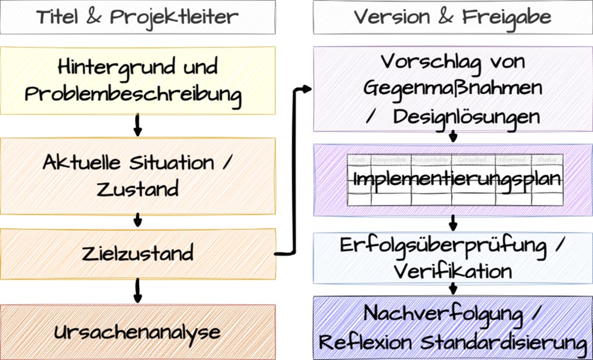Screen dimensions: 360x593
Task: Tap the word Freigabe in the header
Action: tap(507, 17)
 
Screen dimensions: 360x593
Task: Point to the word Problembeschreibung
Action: tap(133, 94)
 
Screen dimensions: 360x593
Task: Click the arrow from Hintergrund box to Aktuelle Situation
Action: tap(137, 126)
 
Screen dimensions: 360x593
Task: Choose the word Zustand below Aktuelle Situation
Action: tap(137, 189)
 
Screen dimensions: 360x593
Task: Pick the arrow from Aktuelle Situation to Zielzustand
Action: tap(137, 220)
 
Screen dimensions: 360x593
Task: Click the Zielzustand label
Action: tap(137, 253)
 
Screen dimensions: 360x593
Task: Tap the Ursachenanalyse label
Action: tap(137, 332)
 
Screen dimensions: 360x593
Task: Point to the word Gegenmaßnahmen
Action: tap(453, 89)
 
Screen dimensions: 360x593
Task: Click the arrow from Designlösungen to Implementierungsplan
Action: tap(453, 136)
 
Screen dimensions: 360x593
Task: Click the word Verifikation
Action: tap(453, 271)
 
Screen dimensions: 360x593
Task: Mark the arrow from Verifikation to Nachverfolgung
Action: tap(453, 288)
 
